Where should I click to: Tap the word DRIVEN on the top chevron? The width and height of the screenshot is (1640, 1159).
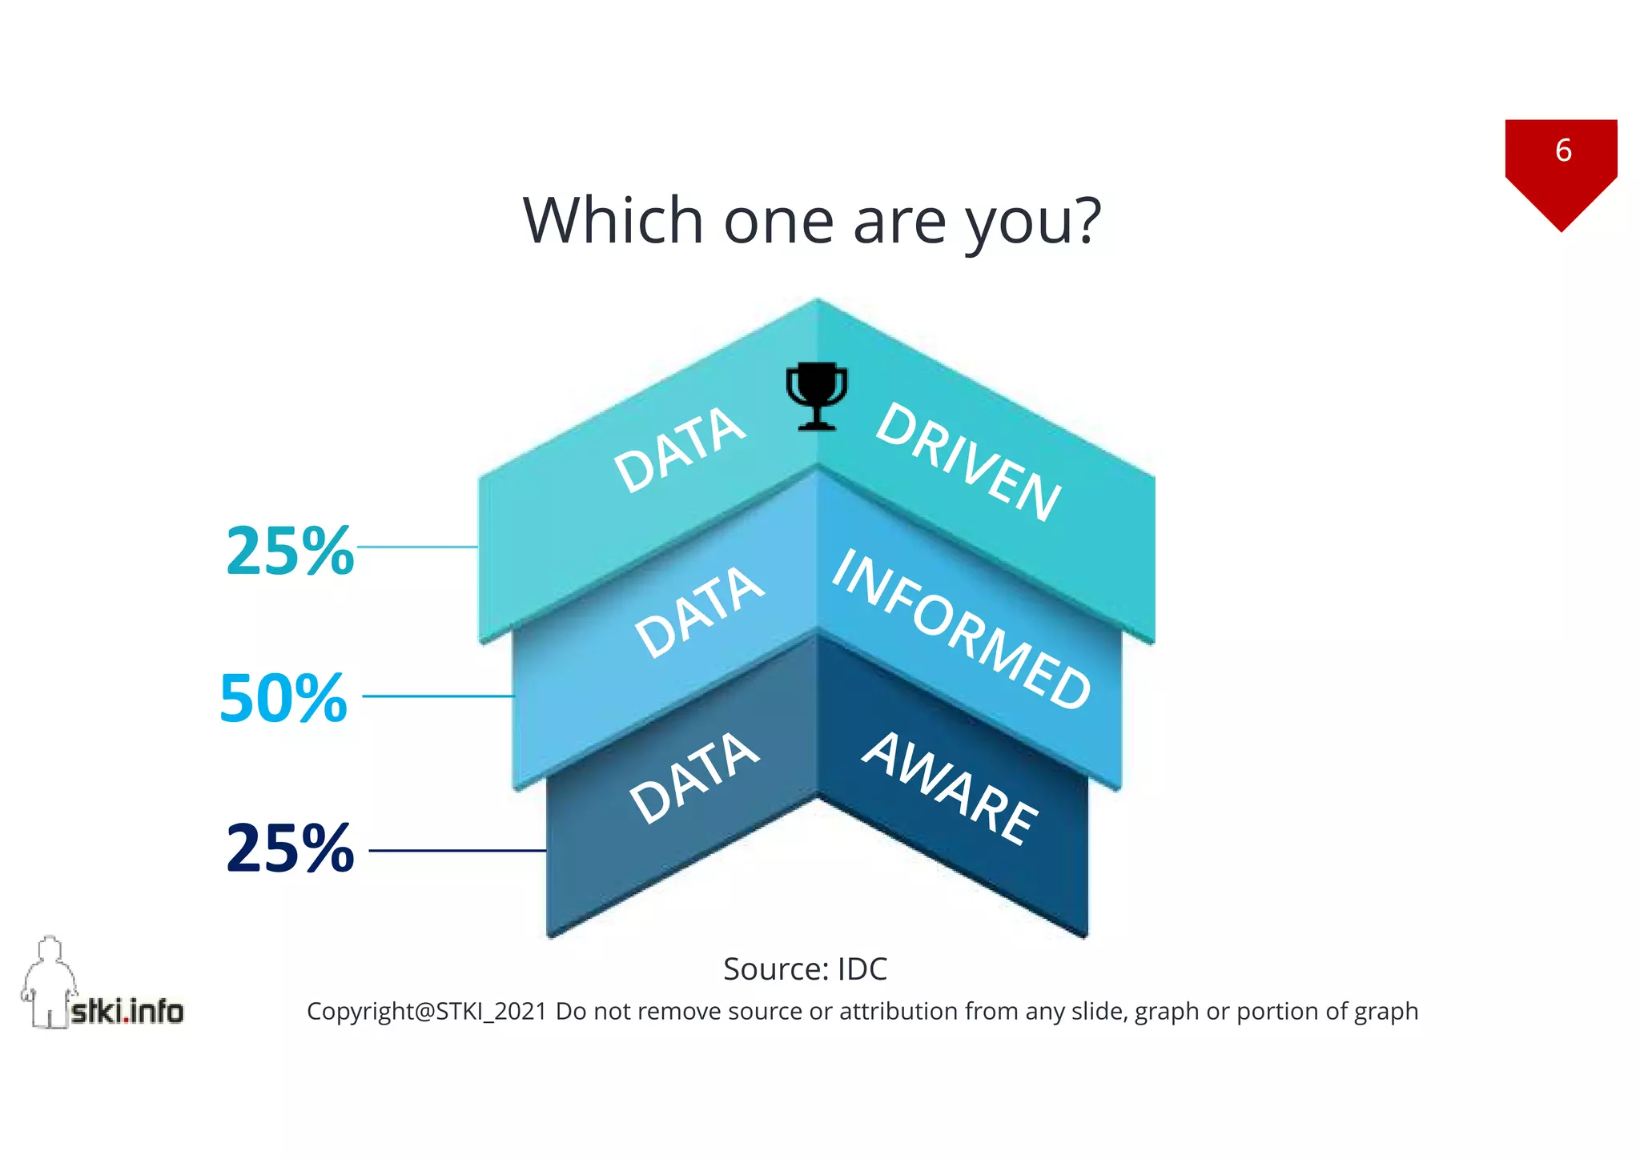click(968, 462)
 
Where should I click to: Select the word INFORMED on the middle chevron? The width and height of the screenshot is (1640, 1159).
click(961, 630)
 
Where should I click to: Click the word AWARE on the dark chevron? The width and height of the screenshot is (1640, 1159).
click(950, 788)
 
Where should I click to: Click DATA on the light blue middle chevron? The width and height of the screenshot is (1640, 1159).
click(699, 612)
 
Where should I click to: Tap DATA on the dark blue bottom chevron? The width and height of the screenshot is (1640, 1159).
click(693, 778)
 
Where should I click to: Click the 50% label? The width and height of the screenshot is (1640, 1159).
click(283, 698)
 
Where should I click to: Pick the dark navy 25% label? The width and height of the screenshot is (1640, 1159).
click(290, 848)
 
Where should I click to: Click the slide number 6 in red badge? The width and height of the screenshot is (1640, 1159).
click(1563, 150)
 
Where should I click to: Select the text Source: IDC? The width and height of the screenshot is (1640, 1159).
click(805, 969)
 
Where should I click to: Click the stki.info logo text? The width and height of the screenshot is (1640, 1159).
click(127, 1011)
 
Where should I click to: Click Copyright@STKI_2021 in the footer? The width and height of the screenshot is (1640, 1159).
click(427, 1012)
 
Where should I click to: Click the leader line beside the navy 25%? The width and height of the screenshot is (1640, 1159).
click(457, 850)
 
